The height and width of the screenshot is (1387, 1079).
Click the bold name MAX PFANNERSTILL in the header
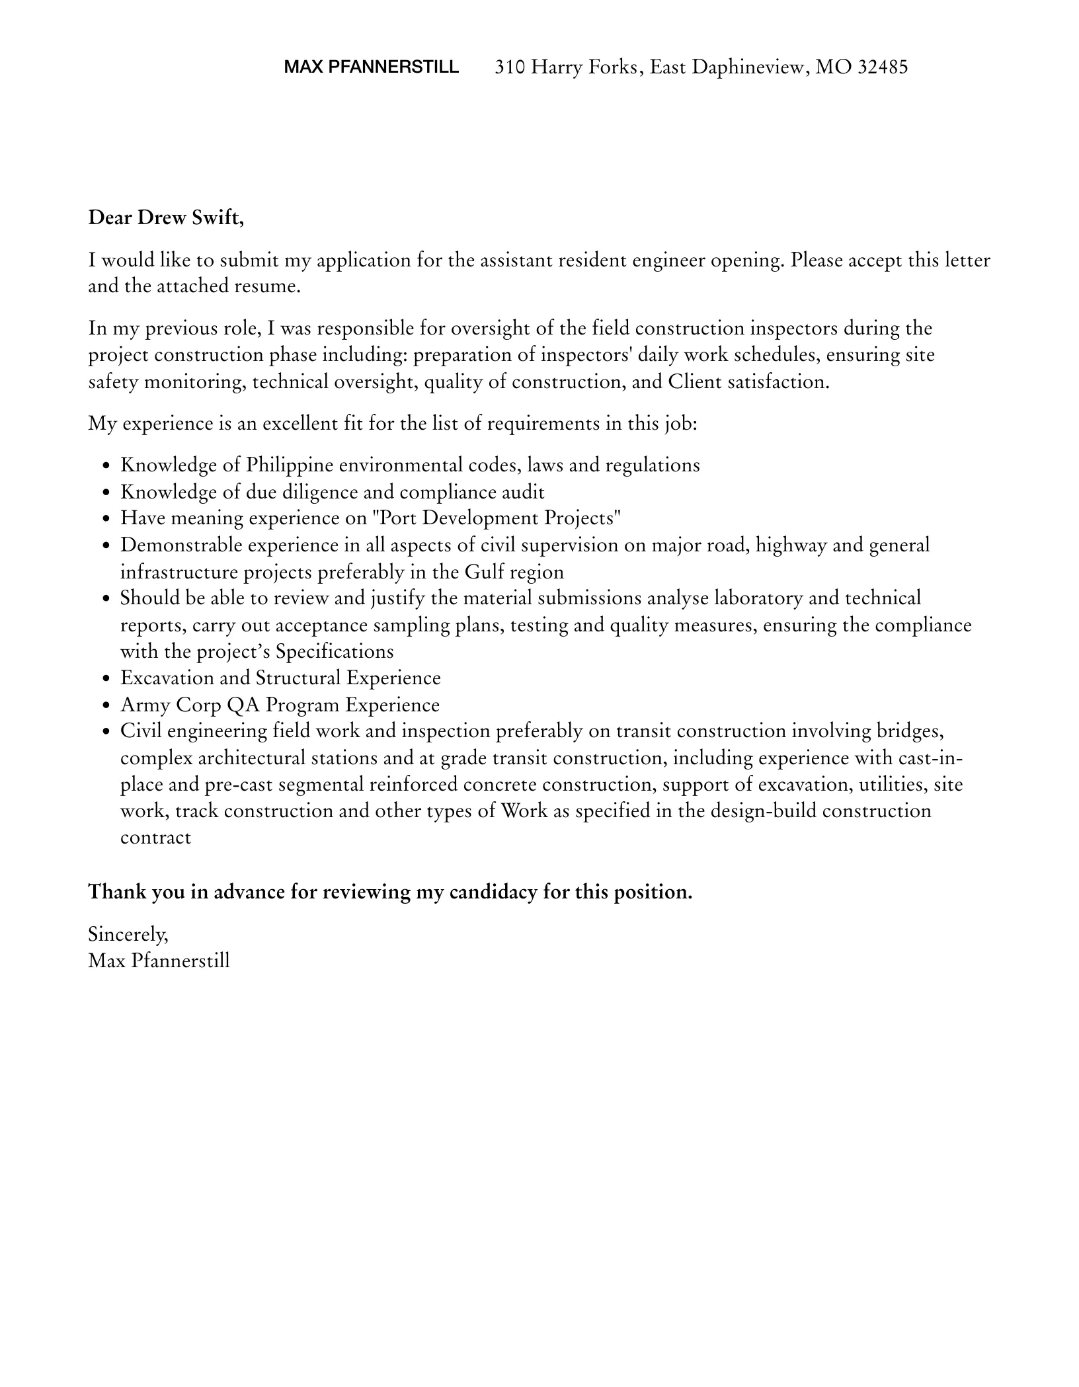click(x=371, y=67)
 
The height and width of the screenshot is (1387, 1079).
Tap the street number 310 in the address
click(x=510, y=67)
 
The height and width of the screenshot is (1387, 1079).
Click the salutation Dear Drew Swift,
click(x=166, y=218)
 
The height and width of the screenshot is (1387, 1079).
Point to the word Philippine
click(x=289, y=465)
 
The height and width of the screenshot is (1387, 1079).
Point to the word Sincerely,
click(x=128, y=934)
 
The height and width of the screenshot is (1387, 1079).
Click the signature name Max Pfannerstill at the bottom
click(x=159, y=961)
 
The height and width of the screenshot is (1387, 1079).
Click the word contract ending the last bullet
click(x=155, y=838)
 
